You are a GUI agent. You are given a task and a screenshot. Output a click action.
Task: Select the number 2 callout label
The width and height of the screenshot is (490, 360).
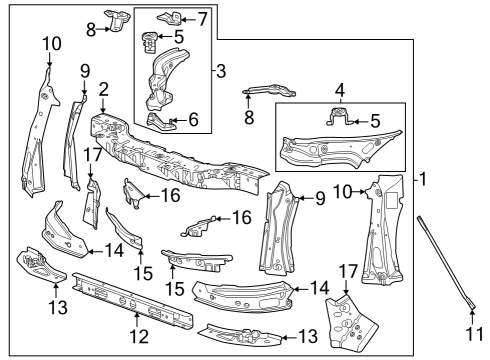pos(103,88)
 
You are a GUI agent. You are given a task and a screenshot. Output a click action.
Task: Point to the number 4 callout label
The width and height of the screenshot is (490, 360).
pos(339,88)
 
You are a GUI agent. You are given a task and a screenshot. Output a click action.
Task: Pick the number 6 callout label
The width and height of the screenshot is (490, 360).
pos(193,119)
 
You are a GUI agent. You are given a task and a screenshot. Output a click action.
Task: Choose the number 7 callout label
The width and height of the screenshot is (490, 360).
pos(202,18)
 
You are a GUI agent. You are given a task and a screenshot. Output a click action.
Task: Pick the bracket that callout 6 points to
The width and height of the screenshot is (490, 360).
pos(161,121)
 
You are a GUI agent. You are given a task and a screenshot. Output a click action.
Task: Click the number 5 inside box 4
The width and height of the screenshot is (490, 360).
pos(375,122)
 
